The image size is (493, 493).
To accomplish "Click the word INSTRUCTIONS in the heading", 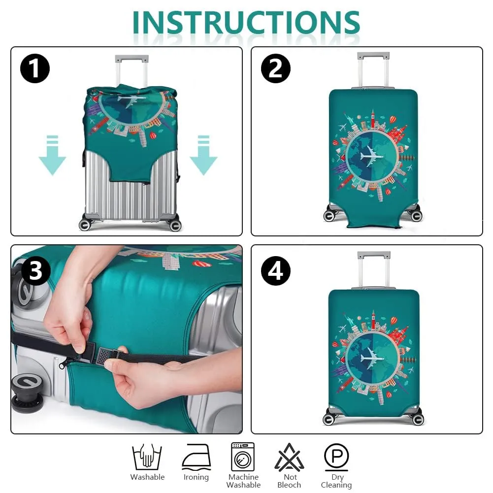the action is pos(246,22).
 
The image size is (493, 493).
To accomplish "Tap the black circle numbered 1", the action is pos(35,68).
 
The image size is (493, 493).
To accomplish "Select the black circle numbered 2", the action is pos(275,68).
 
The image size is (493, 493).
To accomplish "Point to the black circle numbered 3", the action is pos(35,270).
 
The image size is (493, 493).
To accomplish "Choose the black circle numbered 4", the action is pos(275,270).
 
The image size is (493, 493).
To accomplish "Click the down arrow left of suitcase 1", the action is pos(52,155).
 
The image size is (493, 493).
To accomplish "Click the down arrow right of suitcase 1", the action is pos(203,155).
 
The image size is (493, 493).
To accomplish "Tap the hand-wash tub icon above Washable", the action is pos(147,457).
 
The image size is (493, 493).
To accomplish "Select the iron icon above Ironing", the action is pos(196,457).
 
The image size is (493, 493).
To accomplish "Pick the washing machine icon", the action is pos(243,457).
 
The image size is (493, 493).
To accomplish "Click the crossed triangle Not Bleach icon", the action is pos(289,457).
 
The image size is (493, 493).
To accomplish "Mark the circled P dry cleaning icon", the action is pos(336,457).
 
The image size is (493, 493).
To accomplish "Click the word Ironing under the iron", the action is pos(196,478).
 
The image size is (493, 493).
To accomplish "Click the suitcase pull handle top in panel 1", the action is pos(131,59).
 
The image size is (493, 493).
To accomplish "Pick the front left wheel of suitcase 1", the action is pos(85,225).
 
